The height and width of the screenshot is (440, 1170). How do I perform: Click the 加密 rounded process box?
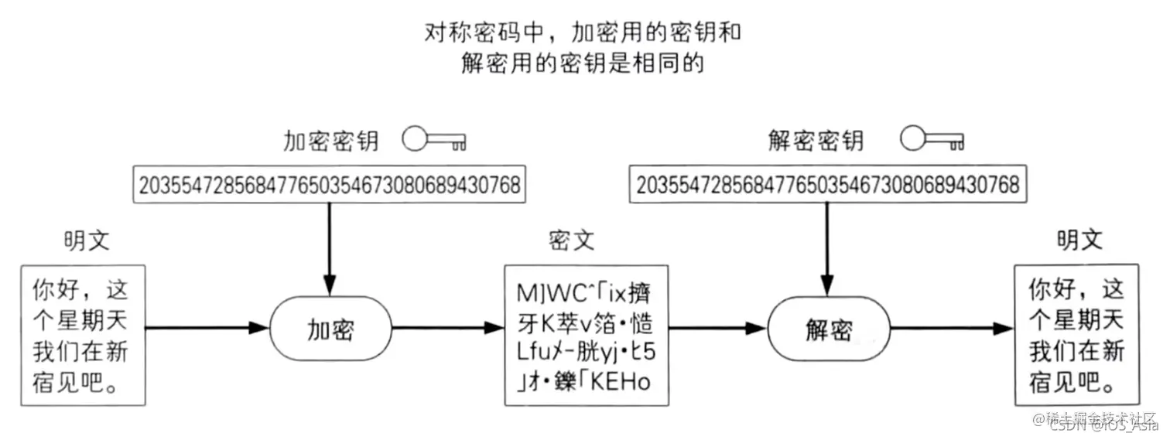(330, 329)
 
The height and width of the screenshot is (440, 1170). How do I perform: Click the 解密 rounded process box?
(826, 329)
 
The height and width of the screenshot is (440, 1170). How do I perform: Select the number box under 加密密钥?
(330, 185)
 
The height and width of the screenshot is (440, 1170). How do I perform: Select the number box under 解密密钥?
(826, 185)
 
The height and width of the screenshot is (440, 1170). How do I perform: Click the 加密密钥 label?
(330, 141)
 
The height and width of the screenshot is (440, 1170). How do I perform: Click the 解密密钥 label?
(816, 141)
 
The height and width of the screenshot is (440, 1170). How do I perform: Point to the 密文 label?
(571, 240)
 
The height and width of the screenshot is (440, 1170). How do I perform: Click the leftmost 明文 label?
(87, 240)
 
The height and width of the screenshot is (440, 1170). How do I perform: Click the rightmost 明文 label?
(1079, 240)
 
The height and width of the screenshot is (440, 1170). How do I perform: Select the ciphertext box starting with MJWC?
(586, 335)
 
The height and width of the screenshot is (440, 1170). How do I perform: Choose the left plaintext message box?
(83, 335)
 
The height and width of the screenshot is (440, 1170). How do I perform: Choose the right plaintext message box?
(1076, 335)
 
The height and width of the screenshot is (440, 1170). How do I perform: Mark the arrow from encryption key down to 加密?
(330, 247)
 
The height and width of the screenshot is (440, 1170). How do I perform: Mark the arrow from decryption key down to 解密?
(826, 247)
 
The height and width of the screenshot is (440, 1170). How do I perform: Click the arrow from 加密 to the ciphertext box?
(447, 328)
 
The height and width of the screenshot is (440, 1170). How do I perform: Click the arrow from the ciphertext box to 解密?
(718, 328)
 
